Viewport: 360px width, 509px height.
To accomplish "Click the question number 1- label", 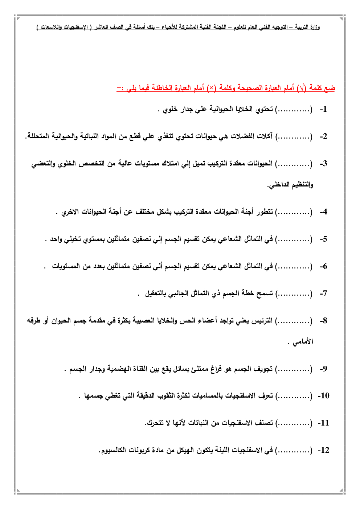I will click(x=323, y=109).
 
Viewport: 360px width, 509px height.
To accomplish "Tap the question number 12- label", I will click(x=323, y=450).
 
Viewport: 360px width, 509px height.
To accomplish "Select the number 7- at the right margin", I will click(x=323, y=294).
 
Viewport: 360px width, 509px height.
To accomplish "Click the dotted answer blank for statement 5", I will click(x=294, y=239).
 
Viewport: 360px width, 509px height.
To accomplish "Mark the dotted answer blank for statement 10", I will click(x=294, y=396).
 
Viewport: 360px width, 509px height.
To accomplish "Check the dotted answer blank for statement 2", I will click(x=294, y=136).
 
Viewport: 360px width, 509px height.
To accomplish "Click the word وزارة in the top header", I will click(x=315, y=27).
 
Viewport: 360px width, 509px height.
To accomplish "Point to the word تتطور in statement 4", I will click(x=264, y=212).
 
